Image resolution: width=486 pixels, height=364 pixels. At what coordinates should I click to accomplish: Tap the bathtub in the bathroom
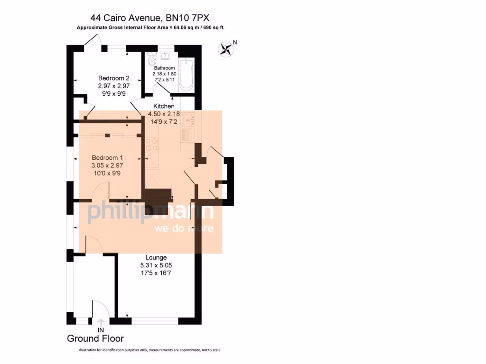tap(187, 75)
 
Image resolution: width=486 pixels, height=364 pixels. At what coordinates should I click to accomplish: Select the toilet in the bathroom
tap(151, 60)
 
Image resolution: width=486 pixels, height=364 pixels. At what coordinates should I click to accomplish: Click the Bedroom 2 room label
tap(114, 78)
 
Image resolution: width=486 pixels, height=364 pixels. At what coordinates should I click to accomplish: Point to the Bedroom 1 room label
tap(107, 158)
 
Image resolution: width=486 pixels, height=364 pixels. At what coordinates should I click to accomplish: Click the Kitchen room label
tap(163, 106)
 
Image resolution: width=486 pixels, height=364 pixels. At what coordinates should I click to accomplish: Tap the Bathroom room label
tap(164, 68)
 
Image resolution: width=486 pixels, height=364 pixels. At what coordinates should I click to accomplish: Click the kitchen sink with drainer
tap(188, 125)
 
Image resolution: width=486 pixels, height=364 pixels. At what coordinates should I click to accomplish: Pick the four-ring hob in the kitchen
tap(152, 144)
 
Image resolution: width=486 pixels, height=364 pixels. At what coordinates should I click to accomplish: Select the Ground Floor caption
tap(95, 338)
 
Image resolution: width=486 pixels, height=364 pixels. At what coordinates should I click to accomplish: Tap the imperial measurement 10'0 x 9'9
tap(107, 173)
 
